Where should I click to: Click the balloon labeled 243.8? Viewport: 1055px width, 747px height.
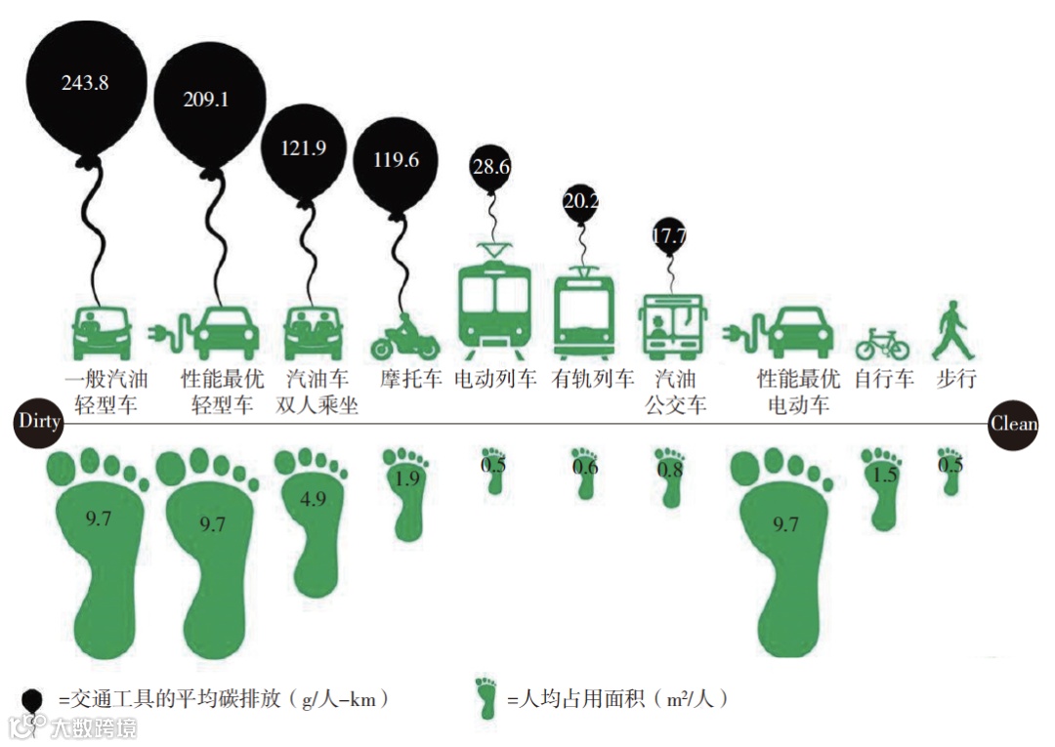(86, 83)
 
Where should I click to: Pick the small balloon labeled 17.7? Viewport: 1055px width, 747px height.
(669, 235)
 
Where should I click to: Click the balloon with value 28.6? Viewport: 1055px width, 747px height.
(491, 167)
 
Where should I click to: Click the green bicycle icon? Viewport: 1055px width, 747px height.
(882, 343)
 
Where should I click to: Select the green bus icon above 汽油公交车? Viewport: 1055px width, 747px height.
(672, 326)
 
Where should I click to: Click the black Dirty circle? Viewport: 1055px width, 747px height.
(37, 423)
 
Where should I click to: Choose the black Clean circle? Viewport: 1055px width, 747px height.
(1013, 424)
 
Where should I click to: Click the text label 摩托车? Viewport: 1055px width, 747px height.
(411, 378)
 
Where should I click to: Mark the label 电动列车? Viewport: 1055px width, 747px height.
(495, 378)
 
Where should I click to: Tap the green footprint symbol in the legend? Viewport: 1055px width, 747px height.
(485, 696)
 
